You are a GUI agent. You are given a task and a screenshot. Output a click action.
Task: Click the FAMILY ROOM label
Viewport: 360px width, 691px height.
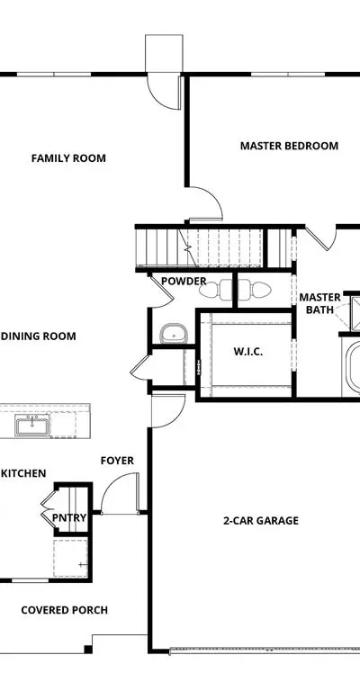coord(68,157)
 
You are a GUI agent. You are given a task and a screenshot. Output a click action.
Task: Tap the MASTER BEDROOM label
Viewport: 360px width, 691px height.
coord(289,146)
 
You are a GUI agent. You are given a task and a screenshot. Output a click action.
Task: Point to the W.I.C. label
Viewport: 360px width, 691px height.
coord(248,351)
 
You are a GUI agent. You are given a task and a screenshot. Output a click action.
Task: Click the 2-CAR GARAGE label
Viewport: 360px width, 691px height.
coord(261,520)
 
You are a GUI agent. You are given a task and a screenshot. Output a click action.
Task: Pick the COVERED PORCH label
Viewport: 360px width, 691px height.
coord(64,610)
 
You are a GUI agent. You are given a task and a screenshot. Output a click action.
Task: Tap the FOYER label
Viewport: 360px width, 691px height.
coord(117,461)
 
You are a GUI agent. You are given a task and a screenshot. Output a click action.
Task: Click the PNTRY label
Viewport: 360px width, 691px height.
coord(69,517)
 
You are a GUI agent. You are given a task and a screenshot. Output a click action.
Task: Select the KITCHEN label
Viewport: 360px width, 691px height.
coord(22,473)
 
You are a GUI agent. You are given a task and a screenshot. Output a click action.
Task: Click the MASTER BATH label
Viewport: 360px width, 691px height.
coord(319,303)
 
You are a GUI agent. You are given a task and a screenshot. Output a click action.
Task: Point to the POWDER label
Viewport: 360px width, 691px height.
coord(184,281)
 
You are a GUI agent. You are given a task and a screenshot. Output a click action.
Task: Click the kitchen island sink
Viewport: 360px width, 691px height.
coord(32,426)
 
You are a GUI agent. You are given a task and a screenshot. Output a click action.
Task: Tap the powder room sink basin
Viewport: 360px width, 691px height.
coord(174,333)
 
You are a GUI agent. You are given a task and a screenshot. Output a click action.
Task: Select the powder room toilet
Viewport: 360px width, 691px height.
coord(216,290)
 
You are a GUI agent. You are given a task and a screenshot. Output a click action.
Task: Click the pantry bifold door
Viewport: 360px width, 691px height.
coord(48,506)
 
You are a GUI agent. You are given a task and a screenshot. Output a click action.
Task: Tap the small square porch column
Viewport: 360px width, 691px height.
coord(88,649)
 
